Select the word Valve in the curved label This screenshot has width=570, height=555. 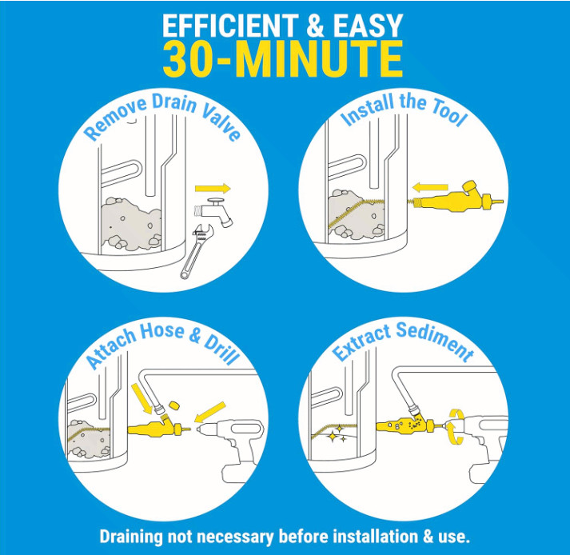(x=213, y=119)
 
